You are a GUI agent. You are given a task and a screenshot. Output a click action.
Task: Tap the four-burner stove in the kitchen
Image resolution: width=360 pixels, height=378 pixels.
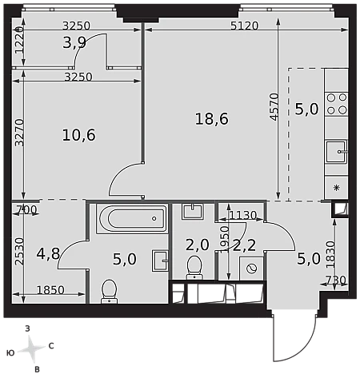pyautogui.click(x=336, y=104)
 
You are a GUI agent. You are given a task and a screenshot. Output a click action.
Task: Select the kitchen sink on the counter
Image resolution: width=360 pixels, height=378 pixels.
pyautogui.click(x=336, y=152)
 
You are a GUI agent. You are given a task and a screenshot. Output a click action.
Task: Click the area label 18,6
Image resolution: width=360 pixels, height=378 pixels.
pyautogui.click(x=212, y=119)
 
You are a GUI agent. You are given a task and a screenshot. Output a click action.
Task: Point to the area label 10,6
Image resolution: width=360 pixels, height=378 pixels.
pyautogui.click(x=79, y=135)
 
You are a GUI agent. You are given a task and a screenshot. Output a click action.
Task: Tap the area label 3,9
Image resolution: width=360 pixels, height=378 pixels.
pyautogui.click(x=74, y=42)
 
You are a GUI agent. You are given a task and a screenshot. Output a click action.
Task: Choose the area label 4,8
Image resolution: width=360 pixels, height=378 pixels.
pyautogui.click(x=48, y=253)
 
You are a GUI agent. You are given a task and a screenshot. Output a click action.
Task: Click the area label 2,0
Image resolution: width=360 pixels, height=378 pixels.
pyautogui.click(x=198, y=245)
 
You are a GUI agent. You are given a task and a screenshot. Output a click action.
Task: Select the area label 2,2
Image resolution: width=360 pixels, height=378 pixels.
pyautogui.click(x=245, y=245)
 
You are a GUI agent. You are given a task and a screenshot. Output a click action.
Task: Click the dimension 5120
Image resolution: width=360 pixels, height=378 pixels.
pyautogui.click(x=245, y=26)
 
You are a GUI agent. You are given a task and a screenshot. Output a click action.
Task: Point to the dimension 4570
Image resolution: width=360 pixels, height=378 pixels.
pyautogui.click(x=274, y=107)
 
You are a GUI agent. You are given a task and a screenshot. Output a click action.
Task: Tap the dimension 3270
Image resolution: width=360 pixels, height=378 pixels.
pyautogui.click(x=19, y=133)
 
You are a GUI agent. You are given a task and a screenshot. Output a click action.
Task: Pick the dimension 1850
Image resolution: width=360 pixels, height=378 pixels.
pyautogui.click(x=50, y=290)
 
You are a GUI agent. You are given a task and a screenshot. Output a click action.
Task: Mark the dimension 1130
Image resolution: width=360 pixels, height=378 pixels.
pyautogui.click(x=242, y=215)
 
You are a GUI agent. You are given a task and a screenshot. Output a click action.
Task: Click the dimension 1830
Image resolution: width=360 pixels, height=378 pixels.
pyautogui.click(x=330, y=254)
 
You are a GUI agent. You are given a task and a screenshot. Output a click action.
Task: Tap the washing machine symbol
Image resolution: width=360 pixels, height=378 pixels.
pyautogui.click(x=251, y=269)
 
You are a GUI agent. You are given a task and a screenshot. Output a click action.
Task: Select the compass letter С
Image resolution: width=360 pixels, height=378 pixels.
pyautogui.click(x=51, y=346)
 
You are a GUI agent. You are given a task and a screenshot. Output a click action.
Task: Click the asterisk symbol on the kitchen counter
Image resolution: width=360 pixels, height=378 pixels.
pyautogui.click(x=337, y=188)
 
